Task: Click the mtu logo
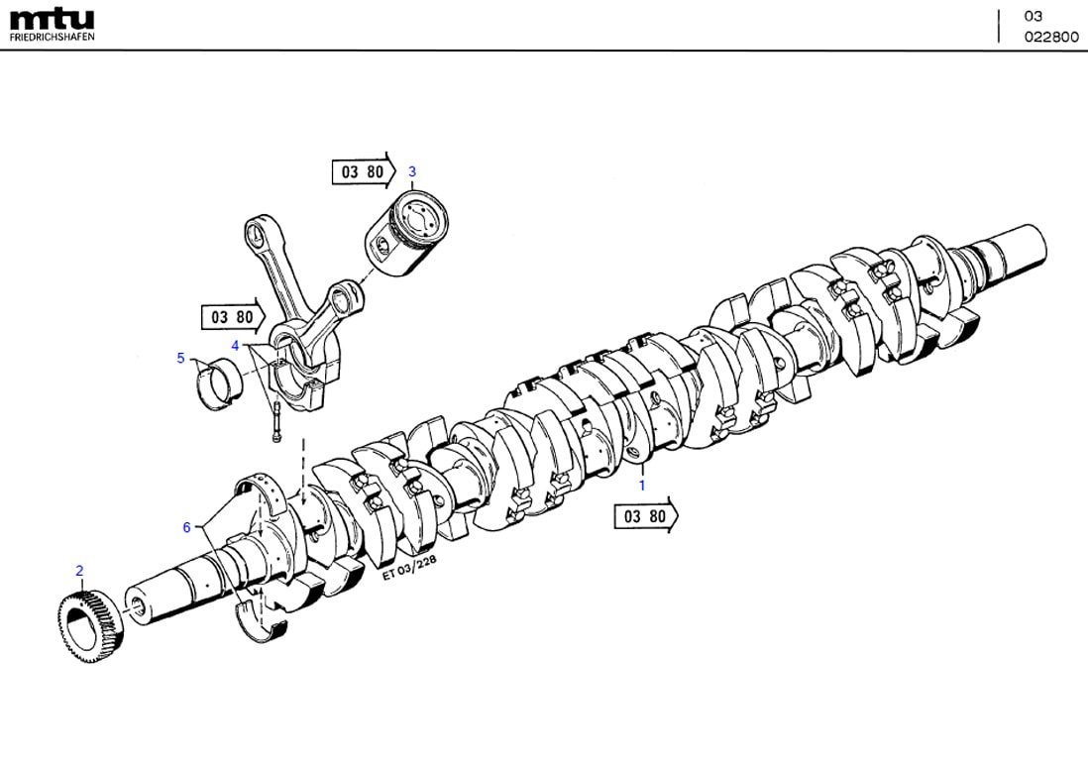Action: (x=52, y=19)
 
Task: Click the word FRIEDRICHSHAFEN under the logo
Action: (x=52, y=37)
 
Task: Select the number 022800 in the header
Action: (x=1050, y=37)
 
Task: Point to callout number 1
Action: (x=641, y=486)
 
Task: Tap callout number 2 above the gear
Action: (x=79, y=571)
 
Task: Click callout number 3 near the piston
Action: (x=412, y=171)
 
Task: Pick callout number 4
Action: (x=235, y=345)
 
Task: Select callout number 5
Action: (x=180, y=358)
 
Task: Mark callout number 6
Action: (x=186, y=527)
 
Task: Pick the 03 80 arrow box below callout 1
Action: (x=645, y=516)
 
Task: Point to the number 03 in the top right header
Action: (x=1034, y=16)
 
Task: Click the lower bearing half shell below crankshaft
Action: (x=263, y=616)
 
